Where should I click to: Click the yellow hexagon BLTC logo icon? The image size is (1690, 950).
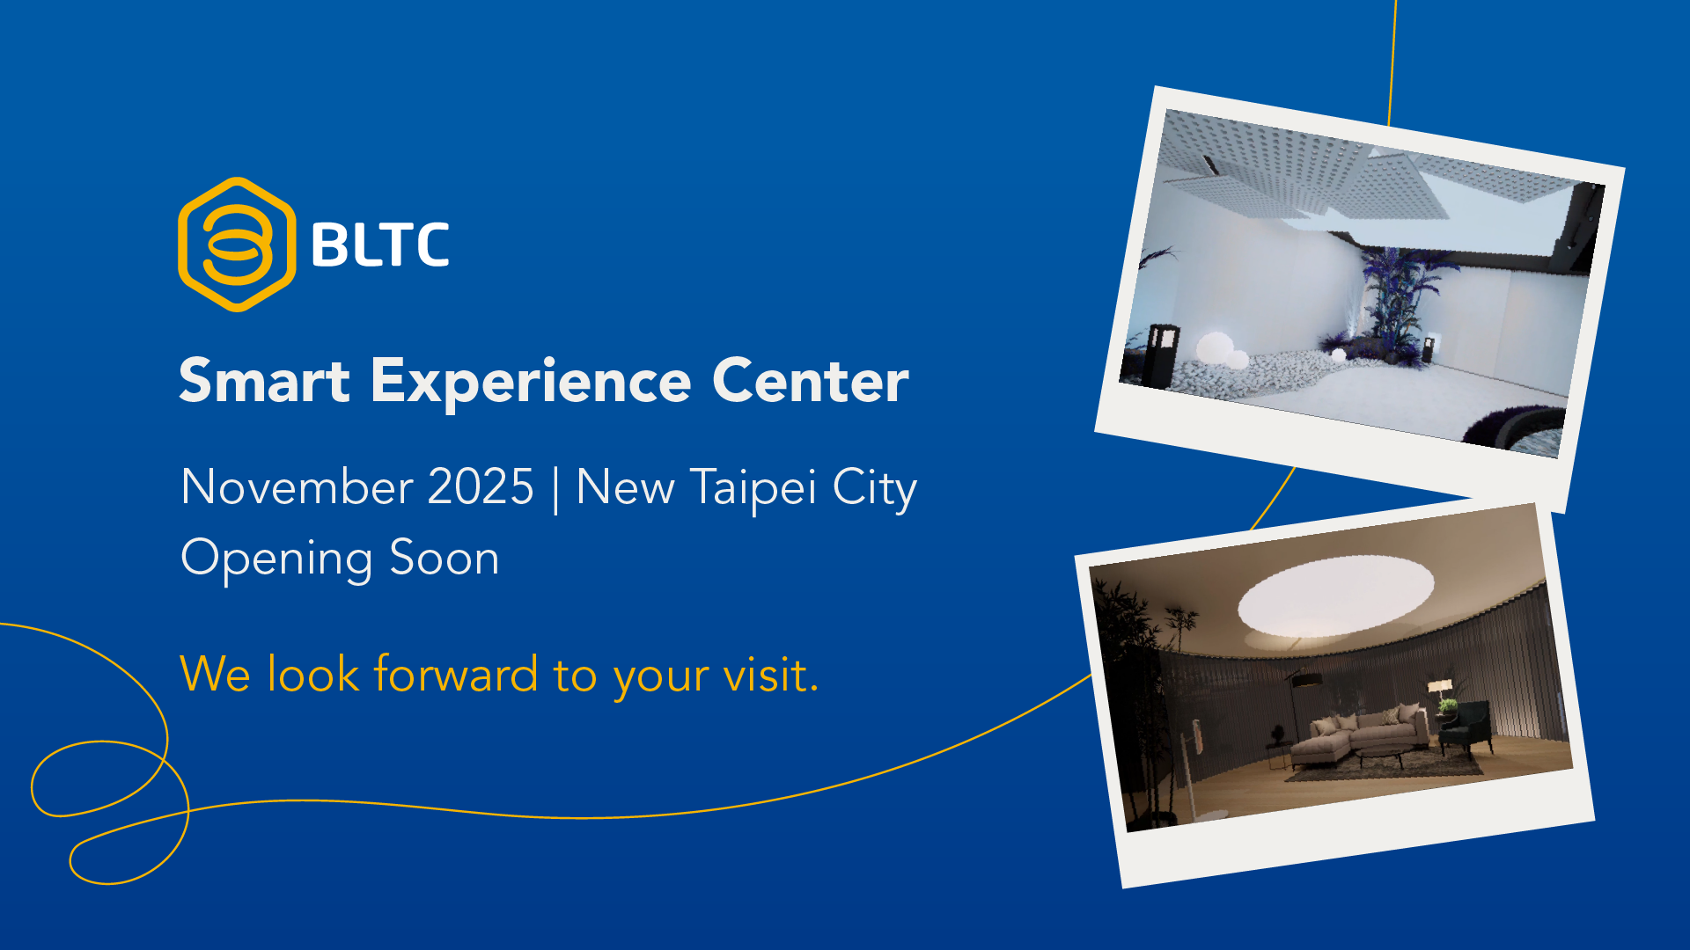point(237,245)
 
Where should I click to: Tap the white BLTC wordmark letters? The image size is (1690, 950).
point(380,245)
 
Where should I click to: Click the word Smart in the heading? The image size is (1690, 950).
point(265,381)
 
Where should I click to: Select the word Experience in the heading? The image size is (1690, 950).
point(531,383)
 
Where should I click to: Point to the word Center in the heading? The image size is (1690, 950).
point(810,381)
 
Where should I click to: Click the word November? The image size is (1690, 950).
point(297,486)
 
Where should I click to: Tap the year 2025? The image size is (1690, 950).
point(481,486)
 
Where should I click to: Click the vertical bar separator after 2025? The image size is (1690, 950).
point(555,489)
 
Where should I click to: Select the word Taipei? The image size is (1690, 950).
point(753,489)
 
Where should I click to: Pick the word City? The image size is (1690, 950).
point(875,489)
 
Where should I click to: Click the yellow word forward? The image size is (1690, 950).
point(456,674)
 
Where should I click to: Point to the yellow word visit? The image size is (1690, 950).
point(770,676)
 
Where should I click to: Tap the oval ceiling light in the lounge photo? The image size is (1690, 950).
point(1335,596)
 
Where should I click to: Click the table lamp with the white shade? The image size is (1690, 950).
point(1440,693)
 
